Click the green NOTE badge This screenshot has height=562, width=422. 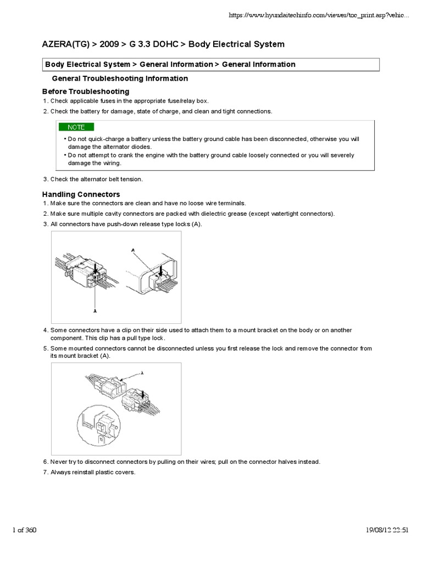pyautogui.click(x=76, y=127)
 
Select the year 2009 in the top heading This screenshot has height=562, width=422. pyautogui.click(x=109, y=44)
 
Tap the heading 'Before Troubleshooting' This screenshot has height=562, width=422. pyautogui.click(x=86, y=91)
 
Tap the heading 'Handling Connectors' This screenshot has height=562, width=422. pyautogui.click(x=81, y=194)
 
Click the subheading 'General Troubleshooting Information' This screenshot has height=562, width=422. pyautogui.click(x=119, y=78)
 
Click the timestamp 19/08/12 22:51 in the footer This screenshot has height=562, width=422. pyautogui.click(x=387, y=530)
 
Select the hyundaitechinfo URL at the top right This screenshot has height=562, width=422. pyautogui.click(x=319, y=16)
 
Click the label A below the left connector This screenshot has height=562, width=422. pyautogui.click(x=95, y=310)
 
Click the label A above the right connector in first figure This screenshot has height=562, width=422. pyautogui.click(x=132, y=250)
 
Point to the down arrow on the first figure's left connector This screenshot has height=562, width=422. pyautogui.click(x=96, y=268)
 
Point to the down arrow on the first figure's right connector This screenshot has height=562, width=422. pyautogui.click(x=160, y=271)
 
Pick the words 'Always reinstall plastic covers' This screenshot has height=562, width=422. pyautogui.click(x=92, y=472)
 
